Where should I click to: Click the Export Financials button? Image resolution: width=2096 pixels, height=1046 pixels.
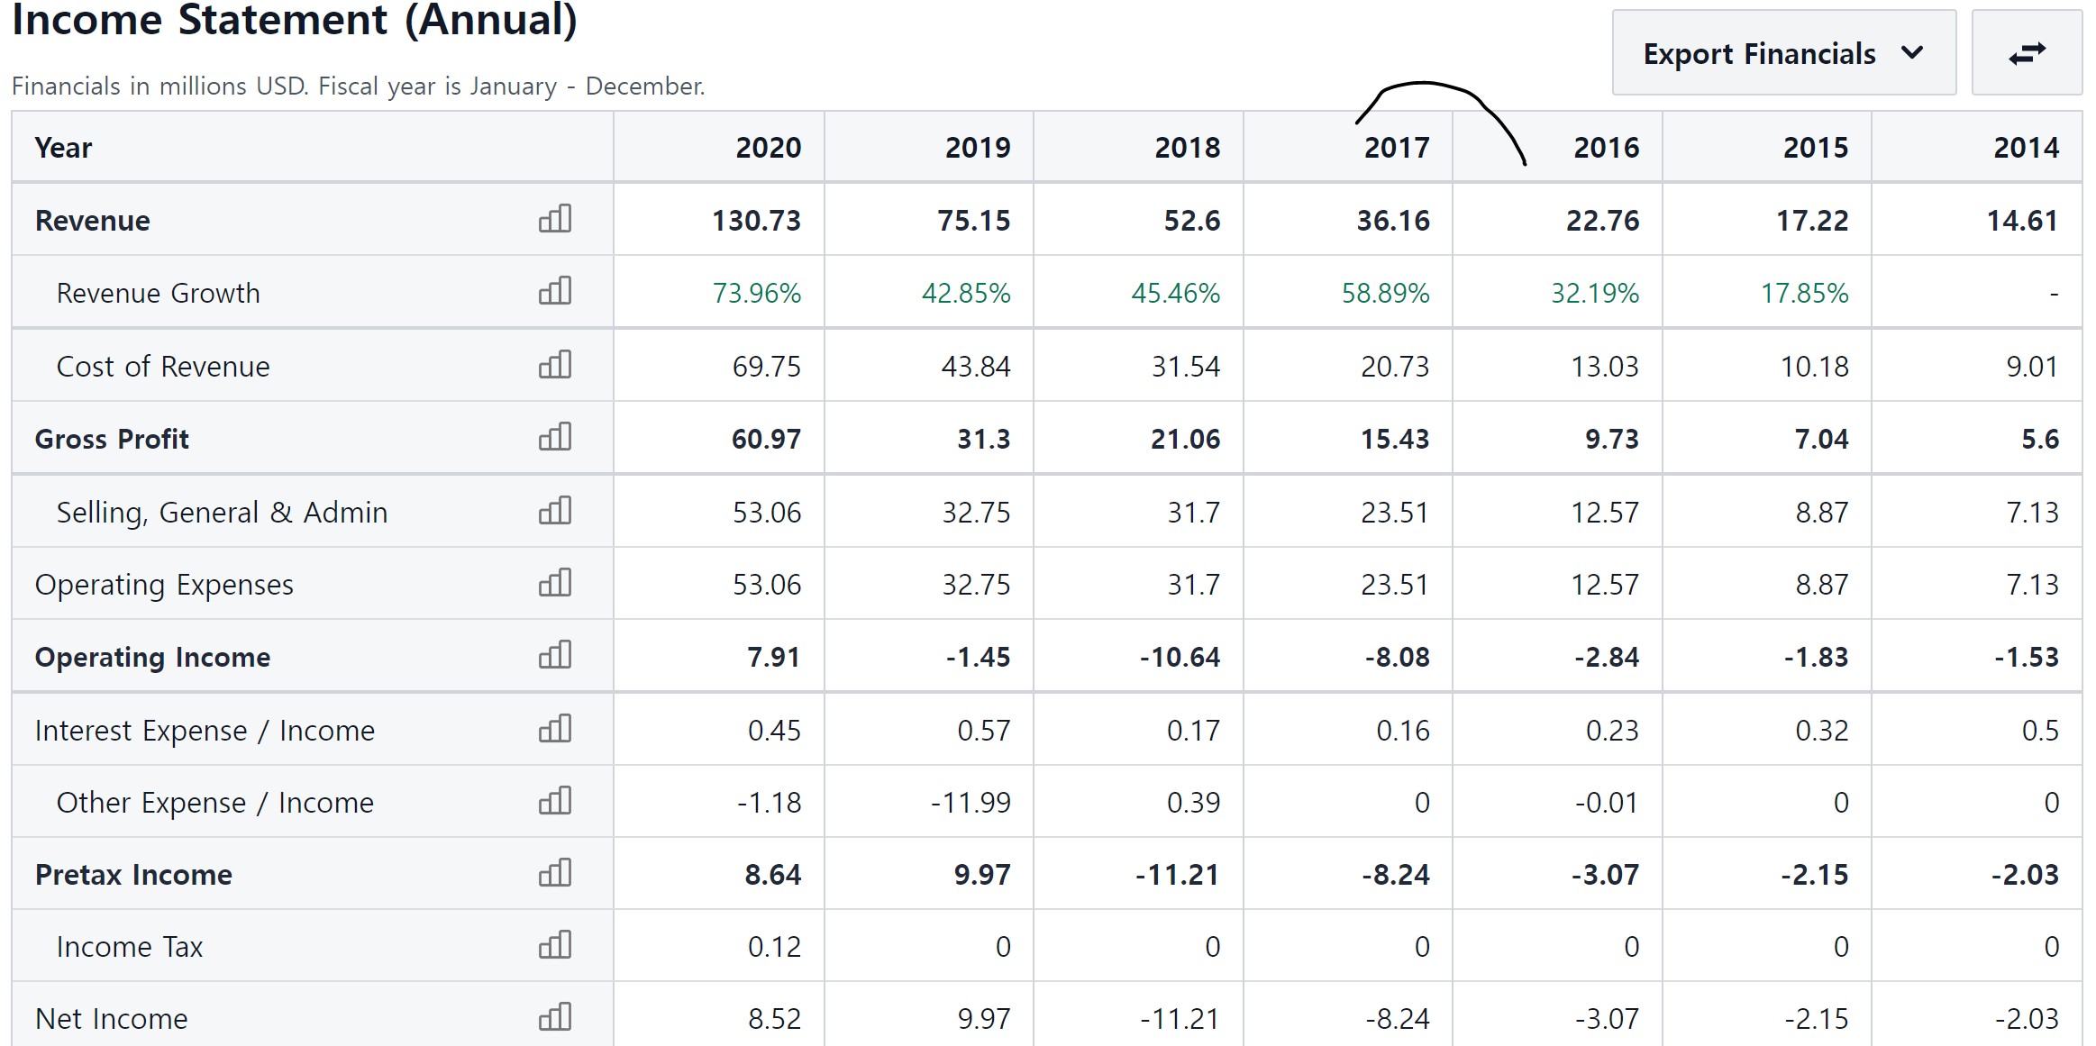1783,53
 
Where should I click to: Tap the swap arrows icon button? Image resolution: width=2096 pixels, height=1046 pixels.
2027,53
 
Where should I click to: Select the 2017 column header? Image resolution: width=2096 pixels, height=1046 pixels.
1397,148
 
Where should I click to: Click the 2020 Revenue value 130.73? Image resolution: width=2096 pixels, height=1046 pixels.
756,221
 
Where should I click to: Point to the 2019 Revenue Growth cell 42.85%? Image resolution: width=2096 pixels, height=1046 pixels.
966,294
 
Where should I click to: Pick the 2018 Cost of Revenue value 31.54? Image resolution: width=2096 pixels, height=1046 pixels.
1186,367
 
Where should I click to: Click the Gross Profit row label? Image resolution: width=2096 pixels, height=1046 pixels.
112,439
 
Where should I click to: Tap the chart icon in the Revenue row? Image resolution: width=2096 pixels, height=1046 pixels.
555,219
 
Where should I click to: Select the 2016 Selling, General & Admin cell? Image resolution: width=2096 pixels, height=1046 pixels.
1605,513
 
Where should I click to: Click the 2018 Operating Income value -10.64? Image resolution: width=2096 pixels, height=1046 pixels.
1180,658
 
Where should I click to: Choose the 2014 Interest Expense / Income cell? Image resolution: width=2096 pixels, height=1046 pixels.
2040,731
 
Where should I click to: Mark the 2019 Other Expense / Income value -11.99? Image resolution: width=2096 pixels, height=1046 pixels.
971,803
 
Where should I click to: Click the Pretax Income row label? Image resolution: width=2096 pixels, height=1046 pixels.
133,875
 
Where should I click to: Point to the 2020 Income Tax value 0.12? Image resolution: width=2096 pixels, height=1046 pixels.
774,947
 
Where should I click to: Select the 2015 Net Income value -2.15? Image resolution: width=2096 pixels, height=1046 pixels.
1816,1019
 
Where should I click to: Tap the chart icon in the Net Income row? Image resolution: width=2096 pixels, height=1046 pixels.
555,1017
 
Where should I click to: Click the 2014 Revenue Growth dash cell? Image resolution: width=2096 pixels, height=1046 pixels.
2054,294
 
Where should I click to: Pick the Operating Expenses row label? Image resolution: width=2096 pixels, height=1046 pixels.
164,585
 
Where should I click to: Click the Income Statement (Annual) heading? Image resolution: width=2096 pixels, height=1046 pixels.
295,20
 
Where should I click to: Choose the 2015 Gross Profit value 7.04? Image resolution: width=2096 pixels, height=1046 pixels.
1821,439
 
